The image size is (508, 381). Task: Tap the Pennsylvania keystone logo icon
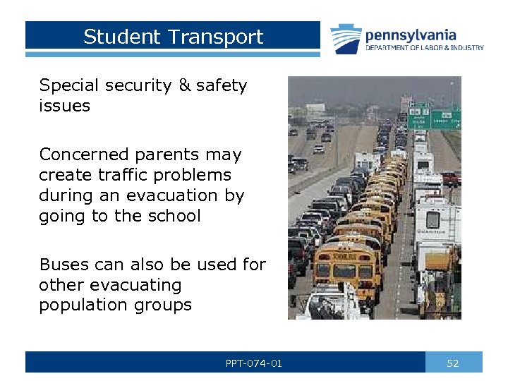(x=346, y=38)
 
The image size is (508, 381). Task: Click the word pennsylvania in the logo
(x=411, y=35)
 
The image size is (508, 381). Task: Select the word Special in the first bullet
(x=71, y=86)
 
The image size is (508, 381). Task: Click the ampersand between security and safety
(x=185, y=86)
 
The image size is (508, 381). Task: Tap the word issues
(x=65, y=107)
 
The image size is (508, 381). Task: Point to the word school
(x=176, y=215)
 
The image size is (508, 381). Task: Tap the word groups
(x=165, y=306)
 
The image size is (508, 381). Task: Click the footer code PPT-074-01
(x=254, y=363)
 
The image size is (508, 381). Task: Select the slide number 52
(x=453, y=363)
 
